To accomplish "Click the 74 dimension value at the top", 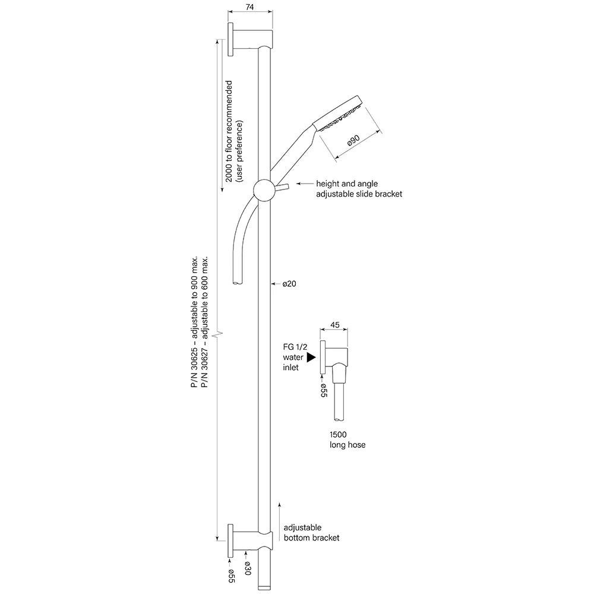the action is [x=249, y=7].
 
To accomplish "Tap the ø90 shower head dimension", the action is [x=353, y=140].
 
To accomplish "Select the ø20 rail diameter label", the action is [x=289, y=283].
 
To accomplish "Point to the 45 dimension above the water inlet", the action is [x=335, y=325].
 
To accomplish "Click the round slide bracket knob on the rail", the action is [x=265, y=191].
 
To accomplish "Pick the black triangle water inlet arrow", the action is [x=311, y=357].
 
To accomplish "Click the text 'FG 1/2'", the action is [x=295, y=347].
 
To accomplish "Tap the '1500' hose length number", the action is [x=338, y=435].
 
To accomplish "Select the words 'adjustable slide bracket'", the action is [x=359, y=194].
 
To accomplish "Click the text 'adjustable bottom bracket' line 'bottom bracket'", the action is [x=311, y=538].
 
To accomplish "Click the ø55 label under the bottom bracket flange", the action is [x=231, y=576].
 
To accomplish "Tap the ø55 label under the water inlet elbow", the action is [x=324, y=390].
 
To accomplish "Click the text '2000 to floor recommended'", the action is [x=229, y=131].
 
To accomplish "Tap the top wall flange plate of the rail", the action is [x=230, y=39].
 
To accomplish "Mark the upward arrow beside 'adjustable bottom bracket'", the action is [x=279, y=522].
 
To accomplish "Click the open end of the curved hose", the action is [x=238, y=282].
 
